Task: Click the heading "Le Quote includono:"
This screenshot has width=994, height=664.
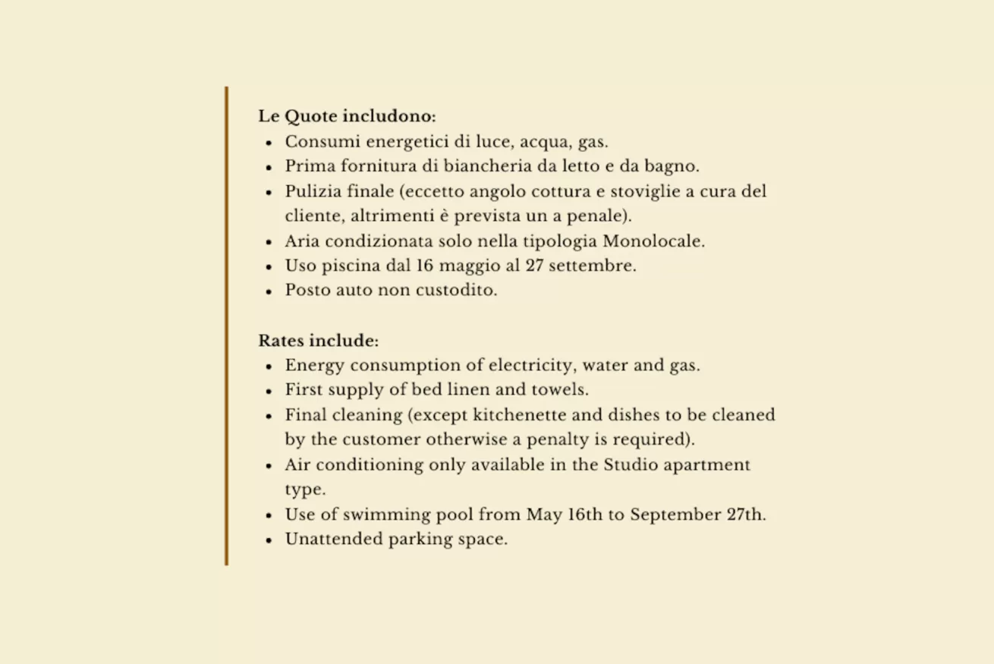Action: coord(347,117)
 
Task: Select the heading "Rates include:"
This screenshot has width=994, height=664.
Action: coord(318,340)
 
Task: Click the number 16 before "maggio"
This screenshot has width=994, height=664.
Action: coord(425,266)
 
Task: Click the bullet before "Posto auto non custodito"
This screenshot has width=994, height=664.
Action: coord(269,291)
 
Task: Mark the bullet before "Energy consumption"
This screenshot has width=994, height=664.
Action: coord(269,366)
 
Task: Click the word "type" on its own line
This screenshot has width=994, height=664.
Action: coord(305,490)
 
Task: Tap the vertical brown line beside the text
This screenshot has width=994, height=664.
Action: coord(226,326)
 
